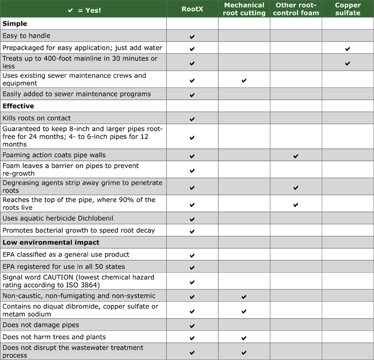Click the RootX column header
[x=192, y=9]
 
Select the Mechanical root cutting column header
[x=244, y=9]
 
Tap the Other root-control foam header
[x=296, y=9]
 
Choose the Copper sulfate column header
[x=348, y=9]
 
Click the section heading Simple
[x=15, y=24]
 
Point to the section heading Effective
[x=18, y=106]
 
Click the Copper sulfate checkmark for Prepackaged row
[x=348, y=49]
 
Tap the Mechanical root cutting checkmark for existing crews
[x=244, y=80]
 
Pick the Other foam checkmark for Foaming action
[x=296, y=156]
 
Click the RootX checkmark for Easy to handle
[x=192, y=37]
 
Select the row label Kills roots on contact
[x=37, y=118]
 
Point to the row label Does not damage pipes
[x=41, y=325]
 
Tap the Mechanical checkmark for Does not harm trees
[x=244, y=338]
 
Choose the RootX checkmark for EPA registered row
[x=192, y=267]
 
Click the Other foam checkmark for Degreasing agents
[x=296, y=188]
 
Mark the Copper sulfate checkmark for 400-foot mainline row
[x=348, y=63]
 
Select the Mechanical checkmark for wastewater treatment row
[x=244, y=352]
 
